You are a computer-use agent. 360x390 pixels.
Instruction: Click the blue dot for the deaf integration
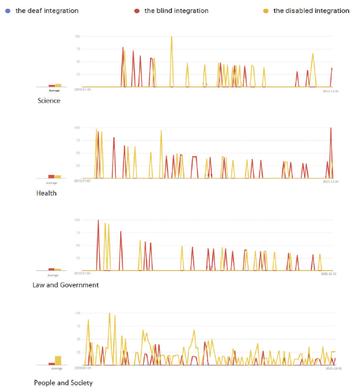point(8,11)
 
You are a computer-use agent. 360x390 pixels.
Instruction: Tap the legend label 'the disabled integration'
point(311,11)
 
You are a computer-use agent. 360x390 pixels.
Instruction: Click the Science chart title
point(48,101)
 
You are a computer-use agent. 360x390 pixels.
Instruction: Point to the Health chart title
point(47,193)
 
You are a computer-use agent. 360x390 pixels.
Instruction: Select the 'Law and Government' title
point(65,285)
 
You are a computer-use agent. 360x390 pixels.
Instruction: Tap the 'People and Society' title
point(63,383)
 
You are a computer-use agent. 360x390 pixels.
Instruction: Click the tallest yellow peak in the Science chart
point(171,37)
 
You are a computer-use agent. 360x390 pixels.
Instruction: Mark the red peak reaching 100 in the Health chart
point(331,128)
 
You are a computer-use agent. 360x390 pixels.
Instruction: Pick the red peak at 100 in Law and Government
point(98,220)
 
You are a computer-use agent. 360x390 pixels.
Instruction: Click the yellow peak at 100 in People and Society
point(110,314)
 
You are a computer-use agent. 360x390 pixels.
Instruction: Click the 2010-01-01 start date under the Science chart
point(82,91)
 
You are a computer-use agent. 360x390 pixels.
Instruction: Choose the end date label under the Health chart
point(330,182)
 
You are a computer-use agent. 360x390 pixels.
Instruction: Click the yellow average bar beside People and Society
point(58,361)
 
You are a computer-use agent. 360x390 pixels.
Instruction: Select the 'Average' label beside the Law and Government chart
point(53,275)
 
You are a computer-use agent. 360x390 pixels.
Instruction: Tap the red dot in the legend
point(137,11)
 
